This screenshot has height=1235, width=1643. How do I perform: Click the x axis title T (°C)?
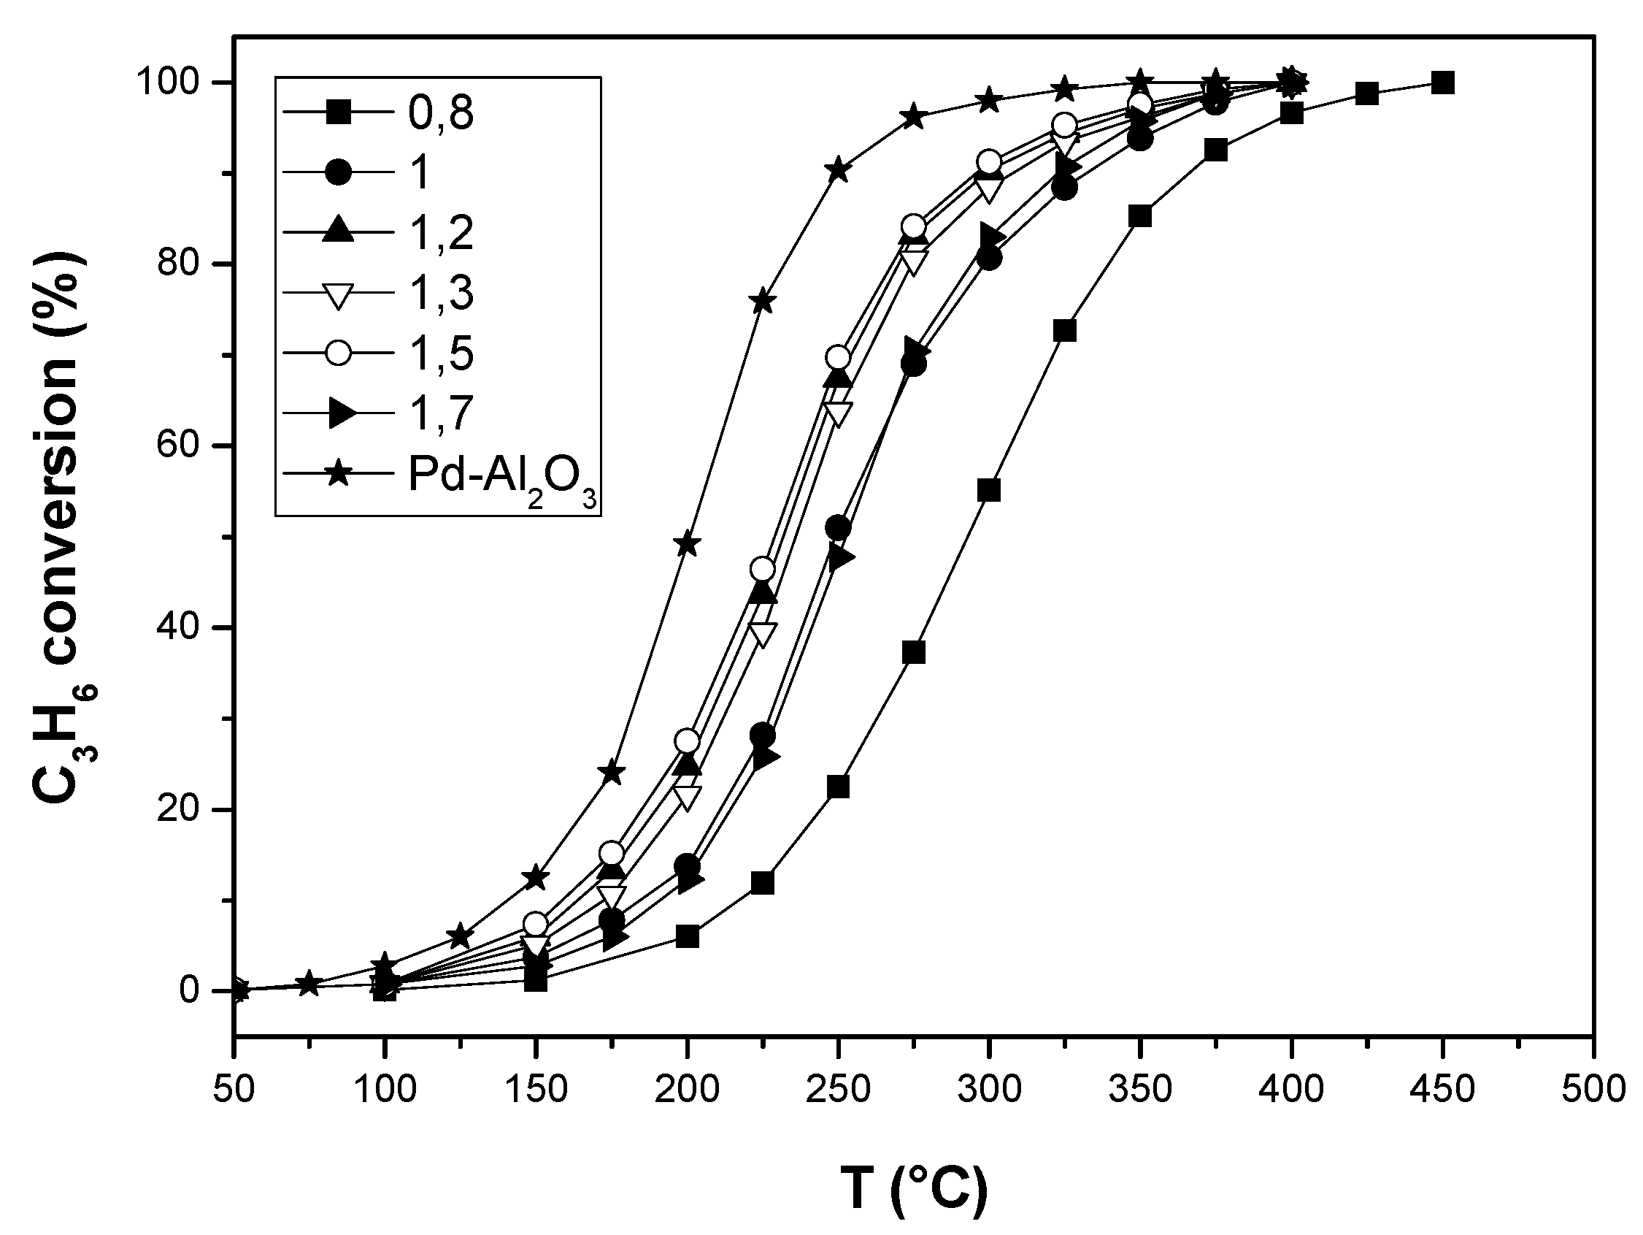(914, 1188)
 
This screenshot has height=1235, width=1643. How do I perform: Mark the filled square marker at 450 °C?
(1442, 83)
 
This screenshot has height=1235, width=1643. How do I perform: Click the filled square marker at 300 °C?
(988, 491)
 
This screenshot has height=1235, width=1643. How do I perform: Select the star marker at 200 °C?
(687, 544)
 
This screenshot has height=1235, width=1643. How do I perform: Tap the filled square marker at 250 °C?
(838, 786)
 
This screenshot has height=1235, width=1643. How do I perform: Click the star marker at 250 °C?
(838, 170)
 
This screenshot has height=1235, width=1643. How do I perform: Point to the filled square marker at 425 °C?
(1366, 93)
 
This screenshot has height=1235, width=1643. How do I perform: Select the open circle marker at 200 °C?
(687, 741)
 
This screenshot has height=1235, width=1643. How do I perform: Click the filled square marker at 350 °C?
(1140, 216)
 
